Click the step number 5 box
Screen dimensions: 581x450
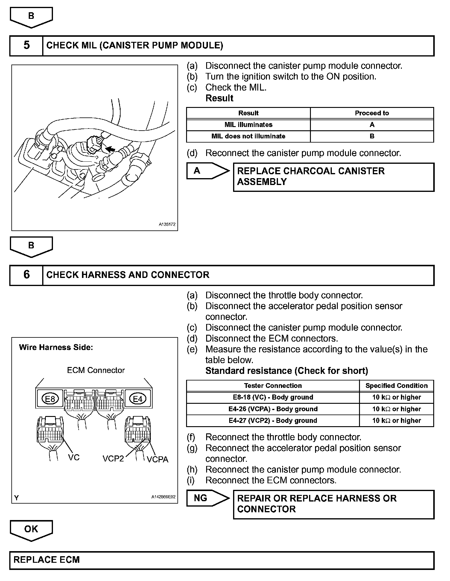pyautogui.click(x=26, y=45)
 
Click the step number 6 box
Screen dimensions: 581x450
pyautogui.click(x=26, y=275)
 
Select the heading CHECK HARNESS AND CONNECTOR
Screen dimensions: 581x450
pyautogui.click(x=128, y=275)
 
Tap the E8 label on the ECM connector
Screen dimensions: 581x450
pyautogui.click(x=50, y=399)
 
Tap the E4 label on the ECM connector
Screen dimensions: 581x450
pyautogui.click(x=138, y=399)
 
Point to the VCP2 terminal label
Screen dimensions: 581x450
pyautogui.click(x=113, y=458)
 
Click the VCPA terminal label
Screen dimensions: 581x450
pyautogui.click(x=158, y=459)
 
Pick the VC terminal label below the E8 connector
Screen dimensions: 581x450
pyautogui.click(x=74, y=458)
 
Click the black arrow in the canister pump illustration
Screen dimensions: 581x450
pyautogui.click(x=110, y=149)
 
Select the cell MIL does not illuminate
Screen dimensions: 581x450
pyautogui.click(x=248, y=136)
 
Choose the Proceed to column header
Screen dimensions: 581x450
pyautogui.click(x=372, y=113)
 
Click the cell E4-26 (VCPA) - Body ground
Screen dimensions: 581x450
pyautogui.click(x=273, y=409)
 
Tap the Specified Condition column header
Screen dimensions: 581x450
pyautogui.click(x=396, y=386)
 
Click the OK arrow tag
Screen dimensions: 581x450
pyautogui.click(x=31, y=529)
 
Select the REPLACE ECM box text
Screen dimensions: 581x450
pyautogui.click(x=47, y=559)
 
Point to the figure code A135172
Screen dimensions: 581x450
pyautogui.click(x=167, y=224)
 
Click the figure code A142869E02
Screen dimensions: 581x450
pyautogui.click(x=163, y=497)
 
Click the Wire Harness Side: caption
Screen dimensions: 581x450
pyautogui.click(x=56, y=347)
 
